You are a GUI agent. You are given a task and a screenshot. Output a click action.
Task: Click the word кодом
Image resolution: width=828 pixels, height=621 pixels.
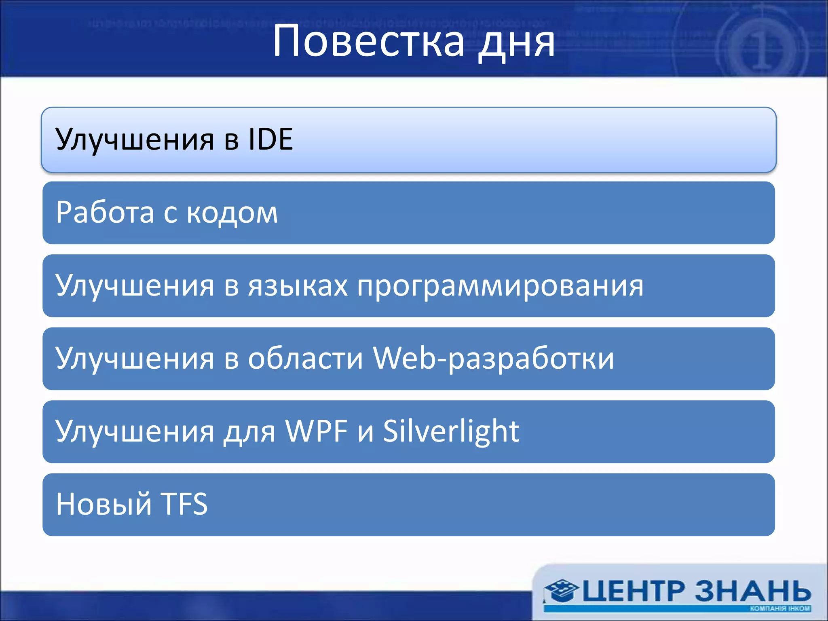point(232,213)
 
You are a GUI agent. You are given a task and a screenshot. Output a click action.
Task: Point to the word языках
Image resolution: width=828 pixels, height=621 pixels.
point(298,286)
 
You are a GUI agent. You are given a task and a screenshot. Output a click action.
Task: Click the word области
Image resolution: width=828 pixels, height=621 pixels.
point(305,359)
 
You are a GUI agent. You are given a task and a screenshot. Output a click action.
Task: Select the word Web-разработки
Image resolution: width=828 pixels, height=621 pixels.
point(493,359)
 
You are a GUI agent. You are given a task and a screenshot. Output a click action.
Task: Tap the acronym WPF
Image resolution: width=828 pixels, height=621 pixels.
point(317,431)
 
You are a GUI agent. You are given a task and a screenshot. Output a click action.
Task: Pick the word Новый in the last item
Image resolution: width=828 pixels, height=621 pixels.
point(103,505)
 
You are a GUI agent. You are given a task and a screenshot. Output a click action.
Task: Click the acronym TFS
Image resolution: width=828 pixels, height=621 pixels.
point(184,505)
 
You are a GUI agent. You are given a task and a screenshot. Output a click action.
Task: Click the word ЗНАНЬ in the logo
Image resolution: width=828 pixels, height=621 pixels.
point(753,591)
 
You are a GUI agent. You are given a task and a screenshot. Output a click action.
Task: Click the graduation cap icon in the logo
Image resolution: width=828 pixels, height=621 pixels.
point(560,591)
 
